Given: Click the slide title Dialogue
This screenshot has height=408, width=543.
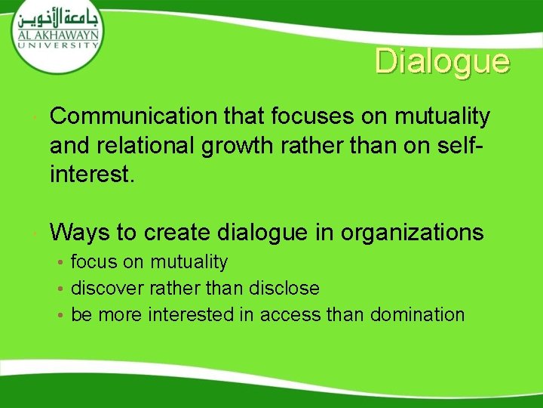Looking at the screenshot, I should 442,61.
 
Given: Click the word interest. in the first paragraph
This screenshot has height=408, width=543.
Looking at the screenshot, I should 92,175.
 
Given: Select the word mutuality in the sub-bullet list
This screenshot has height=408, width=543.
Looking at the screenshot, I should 189,261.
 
